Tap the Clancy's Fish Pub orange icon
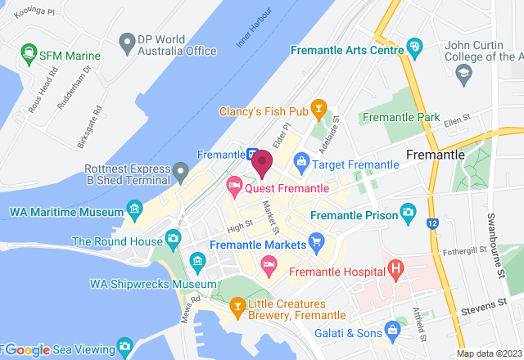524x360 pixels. (x=318, y=109)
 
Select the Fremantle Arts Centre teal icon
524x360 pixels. (x=414, y=46)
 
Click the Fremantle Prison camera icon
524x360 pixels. (x=407, y=216)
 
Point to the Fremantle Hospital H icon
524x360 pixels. (x=396, y=268)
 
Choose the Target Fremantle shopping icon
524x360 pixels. (x=301, y=161)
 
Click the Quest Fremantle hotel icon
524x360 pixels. (x=234, y=187)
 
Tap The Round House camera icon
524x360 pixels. (x=173, y=238)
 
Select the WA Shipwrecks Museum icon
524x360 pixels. (x=196, y=262)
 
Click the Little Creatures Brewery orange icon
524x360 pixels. (x=237, y=307)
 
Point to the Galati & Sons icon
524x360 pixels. (x=391, y=331)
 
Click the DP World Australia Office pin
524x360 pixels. (x=126, y=41)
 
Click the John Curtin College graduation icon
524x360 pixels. (x=463, y=73)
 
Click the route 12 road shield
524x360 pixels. (x=431, y=222)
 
